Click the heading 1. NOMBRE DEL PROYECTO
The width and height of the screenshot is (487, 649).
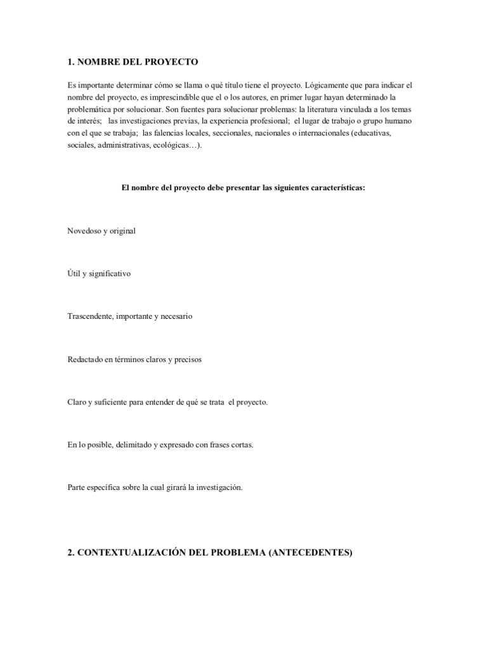coord(133,62)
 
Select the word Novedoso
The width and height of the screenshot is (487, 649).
coord(83,231)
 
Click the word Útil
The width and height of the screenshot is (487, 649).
coord(74,274)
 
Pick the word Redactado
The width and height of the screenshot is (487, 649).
coord(85,359)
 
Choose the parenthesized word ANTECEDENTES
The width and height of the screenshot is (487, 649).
coord(310,553)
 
